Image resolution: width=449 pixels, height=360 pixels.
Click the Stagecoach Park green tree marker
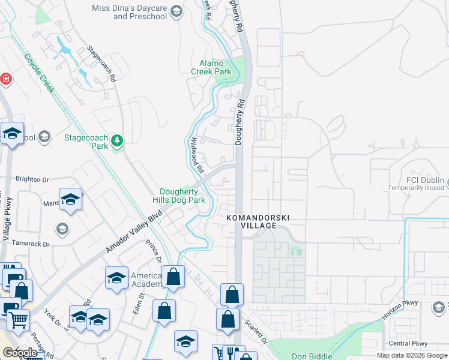[117, 141]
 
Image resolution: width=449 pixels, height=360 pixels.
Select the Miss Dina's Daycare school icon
[176, 11]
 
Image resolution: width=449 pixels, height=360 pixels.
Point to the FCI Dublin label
[424, 181]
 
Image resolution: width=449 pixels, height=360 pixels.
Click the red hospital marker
[5, 79]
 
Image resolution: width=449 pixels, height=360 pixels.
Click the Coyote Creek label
[40, 73]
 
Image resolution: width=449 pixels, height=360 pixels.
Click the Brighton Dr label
[32, 179]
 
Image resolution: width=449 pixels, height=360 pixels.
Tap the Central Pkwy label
[408, 344]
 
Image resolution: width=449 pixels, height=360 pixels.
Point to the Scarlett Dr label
[256, 331]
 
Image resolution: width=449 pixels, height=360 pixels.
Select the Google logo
[20, 353]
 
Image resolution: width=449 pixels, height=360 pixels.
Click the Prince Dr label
[154, 252]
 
